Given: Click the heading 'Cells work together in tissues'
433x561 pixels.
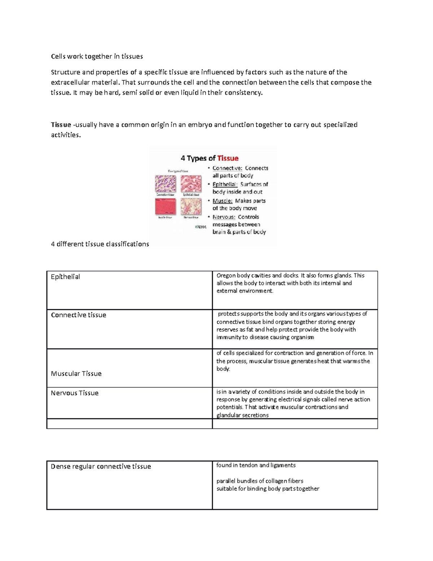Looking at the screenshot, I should pos(97,56).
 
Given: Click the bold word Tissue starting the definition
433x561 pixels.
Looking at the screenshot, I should pos(61,125).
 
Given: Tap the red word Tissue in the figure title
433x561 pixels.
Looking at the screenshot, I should pos(228,158).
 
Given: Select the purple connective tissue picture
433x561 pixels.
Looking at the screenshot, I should pos(165,184).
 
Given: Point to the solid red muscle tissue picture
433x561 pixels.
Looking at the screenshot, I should pos(165,207).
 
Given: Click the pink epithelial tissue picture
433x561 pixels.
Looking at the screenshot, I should pos(191,184).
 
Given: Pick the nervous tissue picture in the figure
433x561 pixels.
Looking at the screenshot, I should pos(191,207).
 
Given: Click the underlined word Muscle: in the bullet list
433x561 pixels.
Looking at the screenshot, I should pos(222,201).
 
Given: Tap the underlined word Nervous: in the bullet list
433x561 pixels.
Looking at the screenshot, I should pos(224,217).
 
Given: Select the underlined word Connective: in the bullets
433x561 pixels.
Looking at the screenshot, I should pos(227,168).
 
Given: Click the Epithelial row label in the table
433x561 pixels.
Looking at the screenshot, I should pos(65,277).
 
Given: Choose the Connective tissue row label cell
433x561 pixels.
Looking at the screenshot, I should pos(78,315).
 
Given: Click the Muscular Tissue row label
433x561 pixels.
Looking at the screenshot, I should pos(76,374).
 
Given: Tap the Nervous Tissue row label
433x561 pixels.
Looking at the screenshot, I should pos(74,393).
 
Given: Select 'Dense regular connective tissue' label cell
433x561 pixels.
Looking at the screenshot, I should pos(101,466).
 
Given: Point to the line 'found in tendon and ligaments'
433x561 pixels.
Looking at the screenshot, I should pos(256,465).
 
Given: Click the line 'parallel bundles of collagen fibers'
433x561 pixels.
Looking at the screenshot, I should pos(259,481).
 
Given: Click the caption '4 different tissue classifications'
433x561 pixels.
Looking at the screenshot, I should pos(100,244).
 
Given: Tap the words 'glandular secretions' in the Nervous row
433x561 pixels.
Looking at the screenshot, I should pos(242,415).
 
